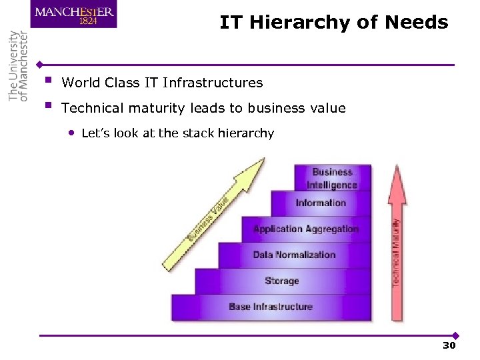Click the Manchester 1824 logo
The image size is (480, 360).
tap(73, 14)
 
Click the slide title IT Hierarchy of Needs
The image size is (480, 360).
tap(334, 23)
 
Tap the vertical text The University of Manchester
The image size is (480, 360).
tap(18, 66)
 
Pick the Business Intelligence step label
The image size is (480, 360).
tap(332, 178)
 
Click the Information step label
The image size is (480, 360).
tap(321, 203)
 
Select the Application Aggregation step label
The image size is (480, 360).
tap(306, 229)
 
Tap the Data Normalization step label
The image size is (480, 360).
tap(294, 255)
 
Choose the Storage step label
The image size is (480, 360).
tap(282, 281)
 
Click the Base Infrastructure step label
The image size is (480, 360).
tap(271, 307)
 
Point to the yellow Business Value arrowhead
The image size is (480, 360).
tap(253, 170)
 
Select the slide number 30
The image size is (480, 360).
tap(449, 346)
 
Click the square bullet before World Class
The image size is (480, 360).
tap(47, 81)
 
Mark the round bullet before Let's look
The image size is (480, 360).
tap(71, 133)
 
